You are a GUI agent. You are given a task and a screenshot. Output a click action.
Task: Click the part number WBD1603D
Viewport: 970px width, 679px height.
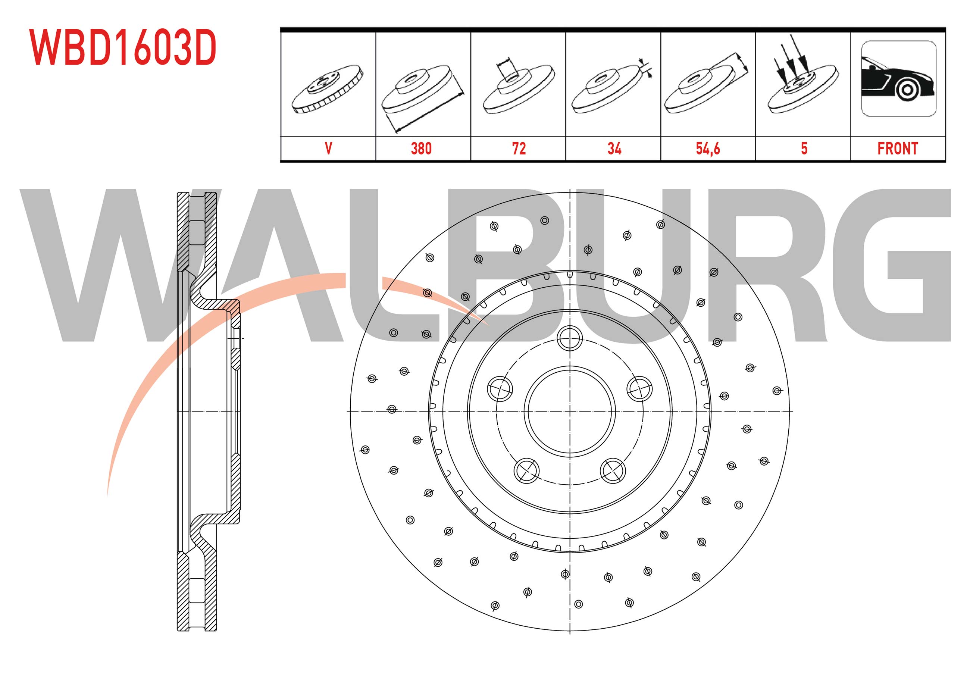point(122,47)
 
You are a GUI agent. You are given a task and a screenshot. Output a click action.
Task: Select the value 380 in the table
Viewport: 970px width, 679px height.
point(421,148)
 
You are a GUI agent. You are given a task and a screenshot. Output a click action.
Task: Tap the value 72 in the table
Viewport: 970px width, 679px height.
point(519,148)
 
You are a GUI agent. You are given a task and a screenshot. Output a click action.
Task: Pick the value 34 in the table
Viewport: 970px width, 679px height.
point(614,148)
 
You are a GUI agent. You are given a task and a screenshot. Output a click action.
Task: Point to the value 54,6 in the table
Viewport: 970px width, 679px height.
point(708,149)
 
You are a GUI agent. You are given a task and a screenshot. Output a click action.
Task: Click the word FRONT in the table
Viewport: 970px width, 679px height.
point(898,148)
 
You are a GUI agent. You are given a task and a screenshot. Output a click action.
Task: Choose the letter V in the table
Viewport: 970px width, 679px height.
point(328,148)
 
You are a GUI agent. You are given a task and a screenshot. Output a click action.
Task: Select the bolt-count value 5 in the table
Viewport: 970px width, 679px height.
point(804,148)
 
